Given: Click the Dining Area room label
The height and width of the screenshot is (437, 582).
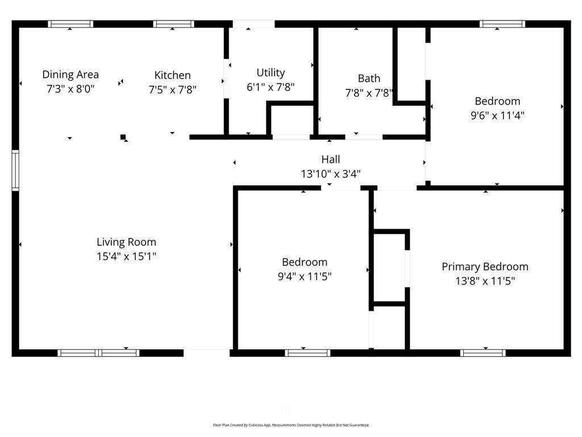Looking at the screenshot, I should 70,75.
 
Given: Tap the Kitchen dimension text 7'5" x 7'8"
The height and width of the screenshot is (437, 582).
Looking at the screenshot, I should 172,89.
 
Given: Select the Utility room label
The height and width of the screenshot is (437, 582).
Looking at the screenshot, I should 271,73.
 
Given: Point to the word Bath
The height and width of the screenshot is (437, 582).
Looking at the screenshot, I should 369,79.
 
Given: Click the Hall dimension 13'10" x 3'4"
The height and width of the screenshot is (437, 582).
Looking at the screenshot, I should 331,174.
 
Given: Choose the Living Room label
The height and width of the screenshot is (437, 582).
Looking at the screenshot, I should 126,242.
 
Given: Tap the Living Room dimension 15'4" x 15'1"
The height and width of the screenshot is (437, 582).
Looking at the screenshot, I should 126,257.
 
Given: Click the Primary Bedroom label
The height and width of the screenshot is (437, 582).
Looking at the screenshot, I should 485,266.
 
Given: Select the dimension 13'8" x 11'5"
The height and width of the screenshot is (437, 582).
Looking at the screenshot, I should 485,281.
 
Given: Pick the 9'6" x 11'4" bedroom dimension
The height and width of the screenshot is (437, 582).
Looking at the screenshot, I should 497,116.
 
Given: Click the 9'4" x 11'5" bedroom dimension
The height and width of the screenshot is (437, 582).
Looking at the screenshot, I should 305,277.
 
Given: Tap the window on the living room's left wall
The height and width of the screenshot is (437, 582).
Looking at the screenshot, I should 15,170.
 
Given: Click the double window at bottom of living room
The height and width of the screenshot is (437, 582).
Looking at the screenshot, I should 99,353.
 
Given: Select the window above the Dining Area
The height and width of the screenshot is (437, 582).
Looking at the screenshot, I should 70,24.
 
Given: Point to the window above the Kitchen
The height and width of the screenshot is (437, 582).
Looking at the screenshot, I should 173,24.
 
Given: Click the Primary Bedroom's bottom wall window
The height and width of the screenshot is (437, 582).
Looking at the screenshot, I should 483,353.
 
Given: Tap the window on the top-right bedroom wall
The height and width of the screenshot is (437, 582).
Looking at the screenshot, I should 502,24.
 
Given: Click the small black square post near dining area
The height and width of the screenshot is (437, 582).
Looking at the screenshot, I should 123,137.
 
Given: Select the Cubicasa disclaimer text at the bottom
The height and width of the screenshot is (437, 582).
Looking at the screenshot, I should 291,425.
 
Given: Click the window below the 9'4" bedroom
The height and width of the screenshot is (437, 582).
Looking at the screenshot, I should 307,353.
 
